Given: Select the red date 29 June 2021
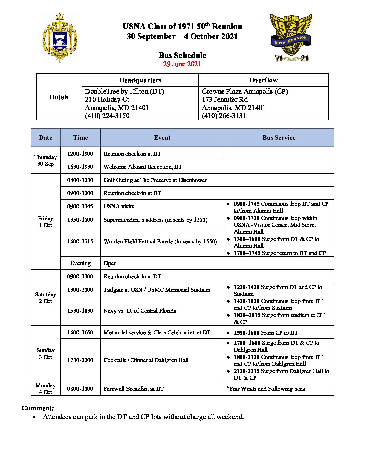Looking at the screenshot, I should tap(182, 64).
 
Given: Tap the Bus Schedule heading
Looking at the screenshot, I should tap(182, 55).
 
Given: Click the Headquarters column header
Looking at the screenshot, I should tap(140, 80).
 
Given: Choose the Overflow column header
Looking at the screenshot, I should tap(263, 80).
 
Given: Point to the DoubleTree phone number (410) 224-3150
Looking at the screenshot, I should tap(107, 116).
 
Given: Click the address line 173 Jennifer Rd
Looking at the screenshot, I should tap(224, 99).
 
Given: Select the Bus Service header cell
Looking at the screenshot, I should tap(279, 138).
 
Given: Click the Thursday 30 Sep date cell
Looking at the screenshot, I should tap(46, 160).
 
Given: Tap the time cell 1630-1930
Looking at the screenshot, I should tap(80, 167).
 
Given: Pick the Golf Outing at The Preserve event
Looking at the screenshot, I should tap(155, 180).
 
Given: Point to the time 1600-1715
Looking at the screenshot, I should tap(80, 241).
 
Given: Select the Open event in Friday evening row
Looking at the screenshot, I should tap(110, 263).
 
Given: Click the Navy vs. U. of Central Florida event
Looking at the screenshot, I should tap(140, 311).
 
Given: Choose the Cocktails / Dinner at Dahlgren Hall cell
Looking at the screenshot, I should tap(146, 360).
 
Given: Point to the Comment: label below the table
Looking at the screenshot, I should tap(38, 408).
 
